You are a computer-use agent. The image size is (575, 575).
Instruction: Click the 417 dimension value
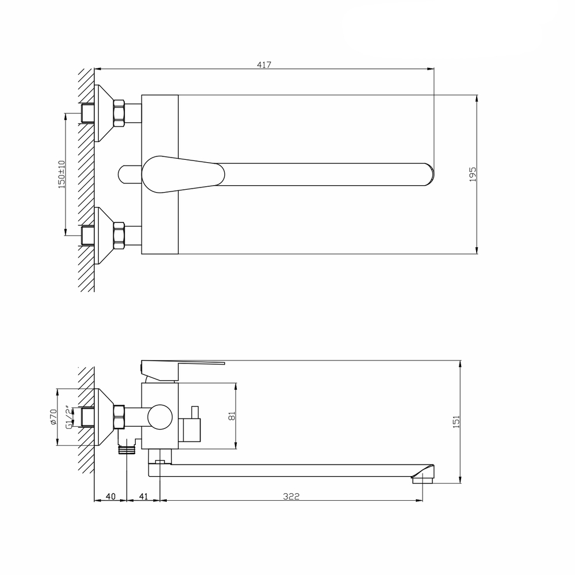click(264, 65)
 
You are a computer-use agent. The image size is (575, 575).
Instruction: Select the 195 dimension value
click(473, 174)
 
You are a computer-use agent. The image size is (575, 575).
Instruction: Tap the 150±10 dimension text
click(62, 174)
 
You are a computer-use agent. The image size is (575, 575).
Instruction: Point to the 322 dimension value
click(292, 496)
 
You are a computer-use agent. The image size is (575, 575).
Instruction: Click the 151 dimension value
click(457, 421)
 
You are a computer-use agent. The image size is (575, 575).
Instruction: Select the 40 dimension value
click(110, 496)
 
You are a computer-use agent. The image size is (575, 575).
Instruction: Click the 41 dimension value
click(144, 496)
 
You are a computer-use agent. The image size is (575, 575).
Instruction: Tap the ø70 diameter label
click(53, 417)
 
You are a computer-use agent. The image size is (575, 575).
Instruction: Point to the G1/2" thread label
click(68, 417)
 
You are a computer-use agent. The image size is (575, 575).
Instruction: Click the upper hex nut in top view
click(119, 113)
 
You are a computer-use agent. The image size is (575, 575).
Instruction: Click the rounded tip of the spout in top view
click(428, 174)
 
